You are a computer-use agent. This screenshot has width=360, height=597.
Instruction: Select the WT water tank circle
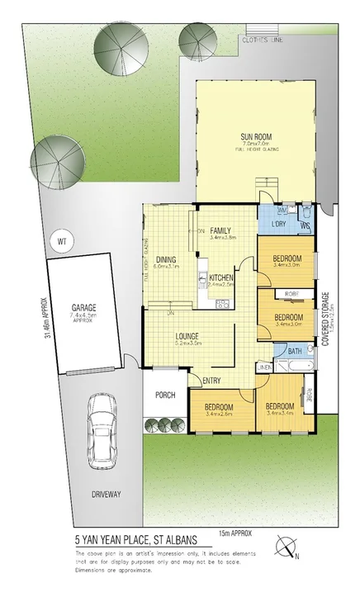point(59,241)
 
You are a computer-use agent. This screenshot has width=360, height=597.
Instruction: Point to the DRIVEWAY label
point(107,495)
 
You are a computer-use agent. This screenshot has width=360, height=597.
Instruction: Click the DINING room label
point(166,258)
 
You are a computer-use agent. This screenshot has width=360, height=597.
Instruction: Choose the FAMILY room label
point(220,230)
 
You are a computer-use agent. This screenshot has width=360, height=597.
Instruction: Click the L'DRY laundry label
point(277,223)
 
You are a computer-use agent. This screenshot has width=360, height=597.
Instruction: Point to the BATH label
point(295,351)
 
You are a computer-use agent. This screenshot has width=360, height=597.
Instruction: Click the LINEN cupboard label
point(264,366)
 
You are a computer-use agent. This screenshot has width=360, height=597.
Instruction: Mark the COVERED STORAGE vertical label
point(327,317)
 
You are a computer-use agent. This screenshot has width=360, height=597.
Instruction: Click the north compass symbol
point(287,546)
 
